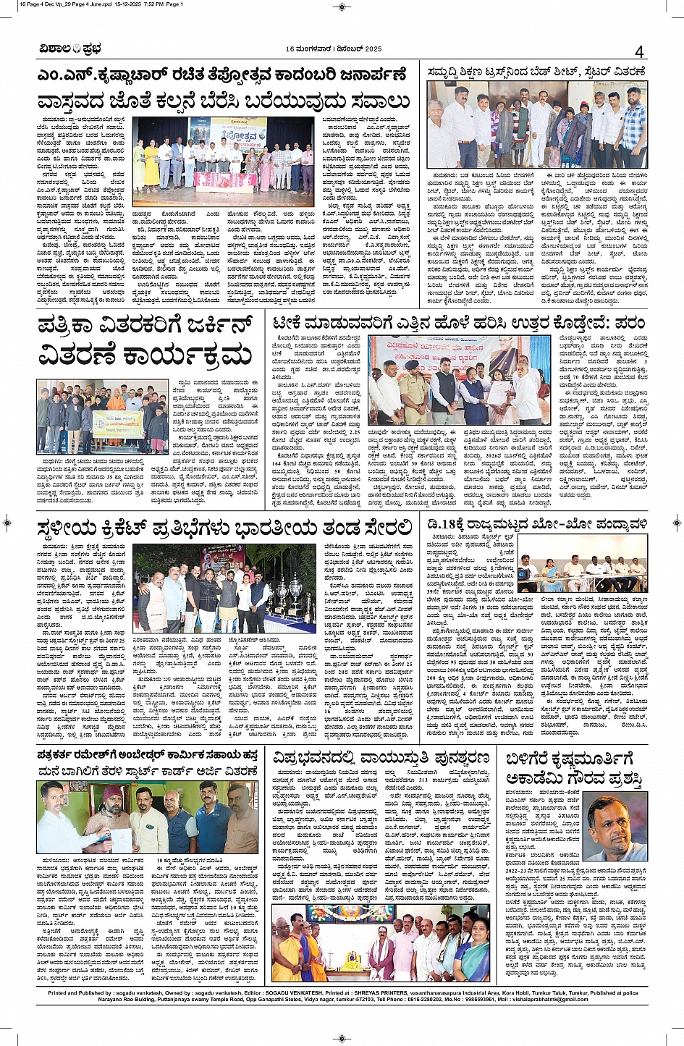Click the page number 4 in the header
[x=639, y=51]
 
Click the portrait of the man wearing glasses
[x=617, y=827]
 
